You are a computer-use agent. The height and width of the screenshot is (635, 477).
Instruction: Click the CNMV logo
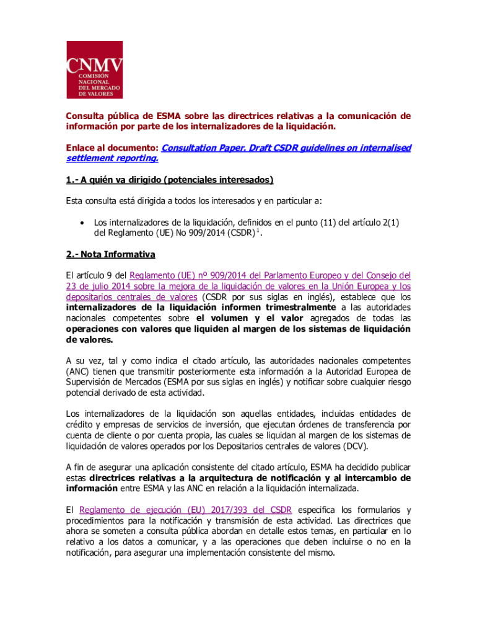[x=95, y=69]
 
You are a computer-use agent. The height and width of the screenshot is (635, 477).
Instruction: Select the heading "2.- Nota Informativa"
[x=111, y=254]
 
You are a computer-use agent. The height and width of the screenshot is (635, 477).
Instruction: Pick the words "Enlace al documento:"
[x=112, y=148]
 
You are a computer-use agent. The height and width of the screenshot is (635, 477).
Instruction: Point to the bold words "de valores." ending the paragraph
[x=90, y=340]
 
